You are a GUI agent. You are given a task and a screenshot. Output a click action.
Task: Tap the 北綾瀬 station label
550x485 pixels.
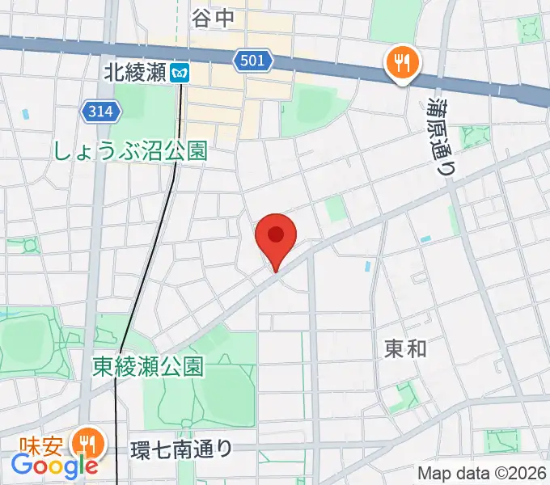[x=134, y=73]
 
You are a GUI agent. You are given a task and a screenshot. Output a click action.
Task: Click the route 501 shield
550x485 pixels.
[x=256, y=60]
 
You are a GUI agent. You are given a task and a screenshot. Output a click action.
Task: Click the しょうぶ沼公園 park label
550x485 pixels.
[x=130, y=150]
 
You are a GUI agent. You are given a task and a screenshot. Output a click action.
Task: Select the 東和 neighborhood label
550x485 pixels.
[x=405, y=348]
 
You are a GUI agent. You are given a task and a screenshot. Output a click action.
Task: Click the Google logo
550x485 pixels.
[x=54, y=466]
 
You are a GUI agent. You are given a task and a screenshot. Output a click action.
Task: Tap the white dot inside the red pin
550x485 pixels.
[x=276, y=234]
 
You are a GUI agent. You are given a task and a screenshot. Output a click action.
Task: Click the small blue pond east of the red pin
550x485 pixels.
[x=369, y=265]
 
